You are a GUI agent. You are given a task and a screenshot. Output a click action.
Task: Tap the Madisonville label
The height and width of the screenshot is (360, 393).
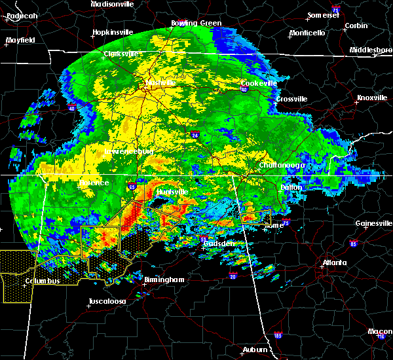click(113, 4)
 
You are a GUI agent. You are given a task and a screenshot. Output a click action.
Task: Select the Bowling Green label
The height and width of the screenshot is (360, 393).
click(196, 23)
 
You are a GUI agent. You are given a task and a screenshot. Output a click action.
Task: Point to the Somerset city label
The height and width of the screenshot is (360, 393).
click(324, 15)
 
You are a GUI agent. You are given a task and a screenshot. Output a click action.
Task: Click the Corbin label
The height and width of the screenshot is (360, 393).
click(356, 26)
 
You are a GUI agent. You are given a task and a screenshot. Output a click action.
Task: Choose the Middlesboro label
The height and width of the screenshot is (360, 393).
click(371, 50)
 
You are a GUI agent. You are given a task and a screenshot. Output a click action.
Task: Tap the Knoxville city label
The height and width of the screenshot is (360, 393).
click(371, 98)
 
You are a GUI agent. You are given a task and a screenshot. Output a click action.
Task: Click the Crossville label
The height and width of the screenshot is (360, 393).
click(291, 99)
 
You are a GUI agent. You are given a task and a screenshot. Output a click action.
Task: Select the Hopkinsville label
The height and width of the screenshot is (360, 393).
click(113, 32)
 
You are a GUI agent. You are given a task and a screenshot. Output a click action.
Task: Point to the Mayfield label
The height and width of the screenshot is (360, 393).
click(20, 40)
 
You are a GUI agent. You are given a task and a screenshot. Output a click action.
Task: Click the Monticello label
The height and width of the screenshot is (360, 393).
click(307, 33)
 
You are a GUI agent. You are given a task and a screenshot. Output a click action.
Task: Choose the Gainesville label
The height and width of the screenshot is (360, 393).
click(373, 223)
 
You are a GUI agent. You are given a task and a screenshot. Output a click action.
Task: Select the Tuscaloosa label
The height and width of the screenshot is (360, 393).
click(107, 302)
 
